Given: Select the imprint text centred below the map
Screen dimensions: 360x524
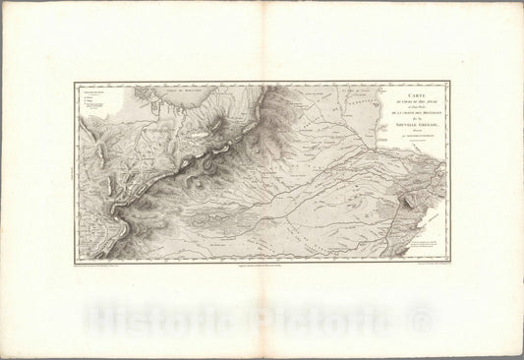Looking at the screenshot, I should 262,266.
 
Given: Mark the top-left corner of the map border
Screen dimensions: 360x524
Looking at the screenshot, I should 75,83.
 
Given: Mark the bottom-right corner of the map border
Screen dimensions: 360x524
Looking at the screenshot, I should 449,261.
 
